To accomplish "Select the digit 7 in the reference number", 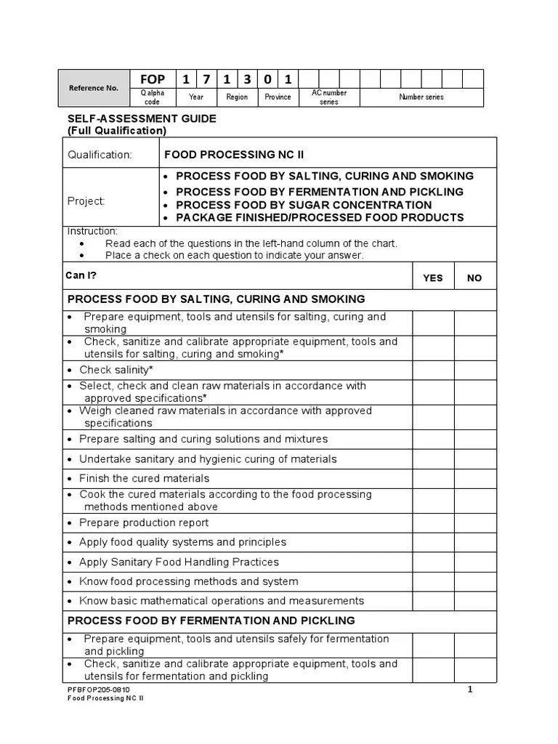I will point(206,79).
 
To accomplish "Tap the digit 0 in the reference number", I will point(268,79).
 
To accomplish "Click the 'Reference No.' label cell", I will point(93,88).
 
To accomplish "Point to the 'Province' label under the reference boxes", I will point(278,97).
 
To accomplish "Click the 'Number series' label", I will point(421,97).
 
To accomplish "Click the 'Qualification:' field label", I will point(100,155).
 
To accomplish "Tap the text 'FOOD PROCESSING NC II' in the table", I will point(224,155).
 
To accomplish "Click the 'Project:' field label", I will point(86,201).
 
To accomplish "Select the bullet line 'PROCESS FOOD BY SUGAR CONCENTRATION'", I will point(304,205).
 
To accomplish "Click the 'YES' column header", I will point(433,278).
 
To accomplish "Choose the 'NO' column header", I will point(474,278).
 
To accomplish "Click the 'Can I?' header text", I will point(82,275).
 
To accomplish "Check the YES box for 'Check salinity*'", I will point(434,370).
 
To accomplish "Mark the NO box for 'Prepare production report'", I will point(475,522).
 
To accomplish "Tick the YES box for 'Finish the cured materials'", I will point(434,478).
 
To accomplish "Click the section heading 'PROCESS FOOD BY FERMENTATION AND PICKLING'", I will point(211,620).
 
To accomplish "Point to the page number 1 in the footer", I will point(470,690).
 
